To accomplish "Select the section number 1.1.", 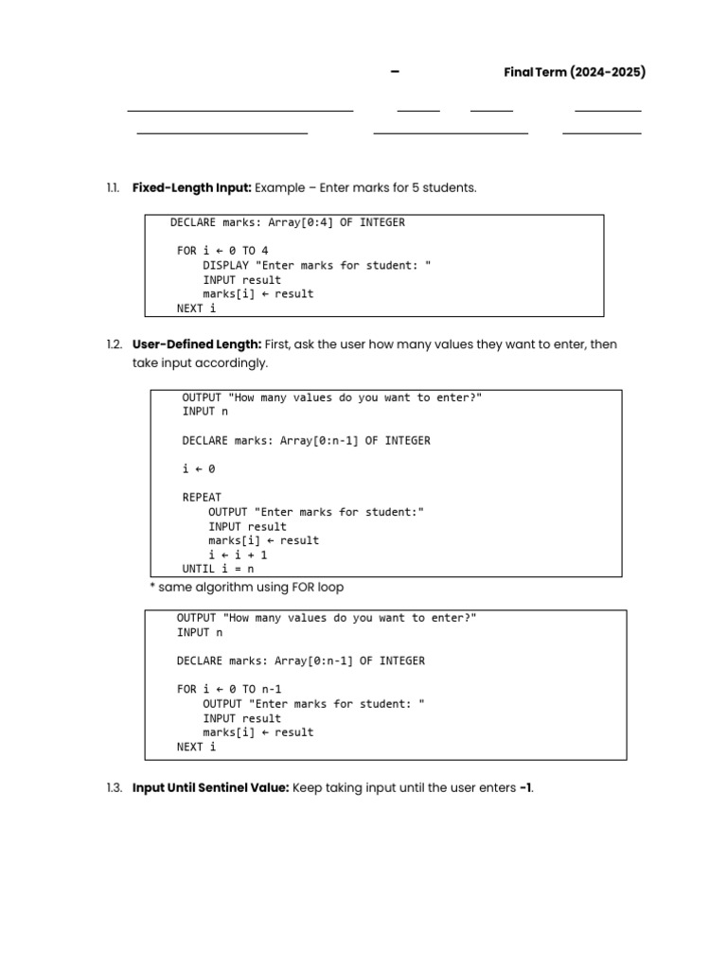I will point(114,188).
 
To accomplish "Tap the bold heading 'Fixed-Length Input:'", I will point(192,188).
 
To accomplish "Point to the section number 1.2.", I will point(114,344).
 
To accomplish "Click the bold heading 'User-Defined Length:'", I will point(197,344).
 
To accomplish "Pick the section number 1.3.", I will point(114,787).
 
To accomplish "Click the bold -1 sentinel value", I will point(525,787).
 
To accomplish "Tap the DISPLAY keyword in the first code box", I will point(225,266).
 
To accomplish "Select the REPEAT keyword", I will point(202,497).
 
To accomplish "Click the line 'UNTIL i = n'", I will point(218,569).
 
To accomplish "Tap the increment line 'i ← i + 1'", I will point(238,555).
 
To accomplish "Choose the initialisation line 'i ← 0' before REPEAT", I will point(199,468).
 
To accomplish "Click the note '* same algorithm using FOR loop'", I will point(246,588).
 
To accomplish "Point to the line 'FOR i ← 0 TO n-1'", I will point(229,689).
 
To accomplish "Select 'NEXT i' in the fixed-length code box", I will point(196,308).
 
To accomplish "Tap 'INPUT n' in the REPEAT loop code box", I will point(204,412).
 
